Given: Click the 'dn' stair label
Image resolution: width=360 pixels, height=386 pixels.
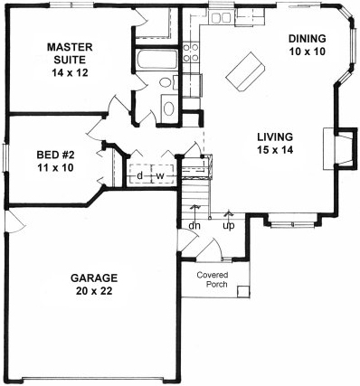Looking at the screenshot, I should point(194,226).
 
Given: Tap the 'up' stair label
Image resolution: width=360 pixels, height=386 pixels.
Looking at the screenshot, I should point(229,226).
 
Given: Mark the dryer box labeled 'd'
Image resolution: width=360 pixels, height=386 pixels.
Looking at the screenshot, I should point(140,175).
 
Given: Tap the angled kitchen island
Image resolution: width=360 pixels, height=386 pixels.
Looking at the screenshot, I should point(246,72).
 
